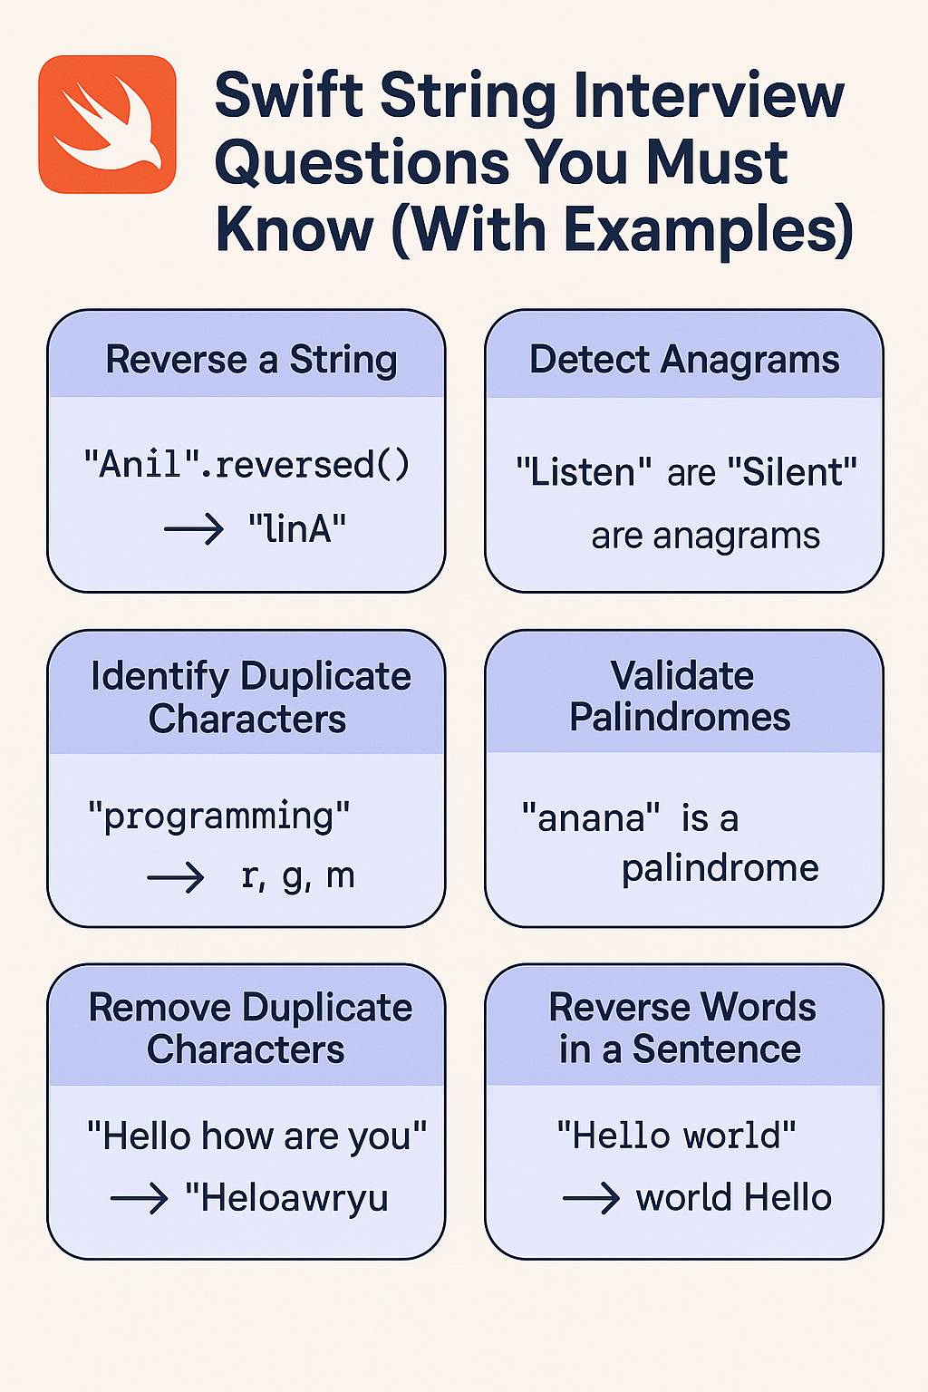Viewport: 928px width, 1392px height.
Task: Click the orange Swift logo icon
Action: coord(107,124)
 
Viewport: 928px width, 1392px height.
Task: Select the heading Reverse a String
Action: coord(251,360)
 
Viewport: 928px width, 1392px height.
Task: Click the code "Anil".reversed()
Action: coord(246,465)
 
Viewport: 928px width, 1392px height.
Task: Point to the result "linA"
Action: coord(297,528)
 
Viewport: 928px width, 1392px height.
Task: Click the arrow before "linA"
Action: coord(194,528)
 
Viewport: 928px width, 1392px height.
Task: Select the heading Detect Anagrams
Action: coord(684,360)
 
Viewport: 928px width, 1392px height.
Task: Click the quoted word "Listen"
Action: coord(584,472)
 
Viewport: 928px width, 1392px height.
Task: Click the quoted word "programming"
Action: coord(218,816)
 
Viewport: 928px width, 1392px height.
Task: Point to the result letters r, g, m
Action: coord(297,876)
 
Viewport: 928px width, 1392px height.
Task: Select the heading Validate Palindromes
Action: coord(681,696)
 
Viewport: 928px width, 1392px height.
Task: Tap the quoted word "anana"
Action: coord(590,818)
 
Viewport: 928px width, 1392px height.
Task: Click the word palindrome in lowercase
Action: coord(720,868)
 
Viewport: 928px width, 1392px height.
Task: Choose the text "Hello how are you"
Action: coord(256,1136)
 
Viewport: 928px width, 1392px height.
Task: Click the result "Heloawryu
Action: coord(286,1198)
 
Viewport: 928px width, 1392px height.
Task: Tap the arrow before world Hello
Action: coord(591,1198)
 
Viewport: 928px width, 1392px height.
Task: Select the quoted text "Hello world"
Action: coord(676,1136)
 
